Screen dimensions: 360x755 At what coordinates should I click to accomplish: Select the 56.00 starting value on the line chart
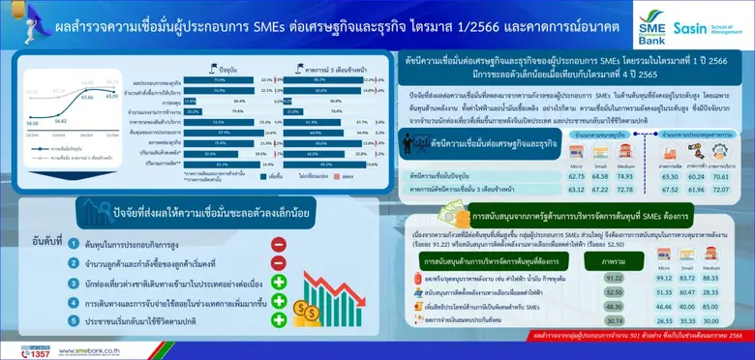32,124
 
